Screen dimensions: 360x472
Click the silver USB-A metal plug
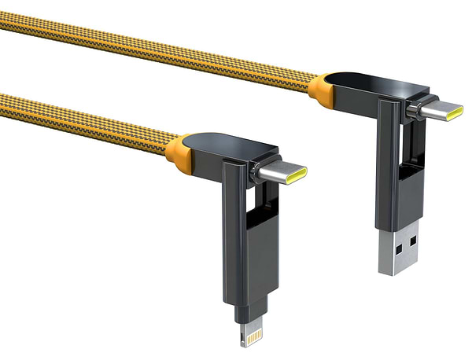click(397, 250)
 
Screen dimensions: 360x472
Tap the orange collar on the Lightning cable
click(178, 149)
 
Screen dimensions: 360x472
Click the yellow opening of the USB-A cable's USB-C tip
click(455, 112)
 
